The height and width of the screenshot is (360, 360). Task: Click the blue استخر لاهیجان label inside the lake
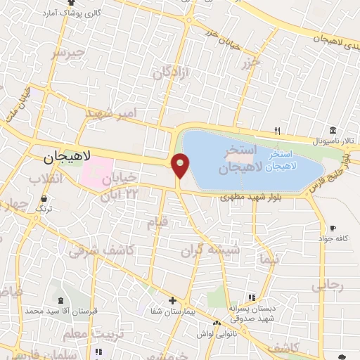(x=295, y=157)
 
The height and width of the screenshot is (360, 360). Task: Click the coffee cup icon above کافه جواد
(x=332, y=228)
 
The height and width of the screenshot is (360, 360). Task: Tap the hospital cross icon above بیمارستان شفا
(x=172, y=300)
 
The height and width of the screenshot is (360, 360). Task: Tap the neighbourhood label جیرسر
(x=68, y=53)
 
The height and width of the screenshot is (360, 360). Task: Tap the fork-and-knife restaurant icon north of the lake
(x=278, y=131)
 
